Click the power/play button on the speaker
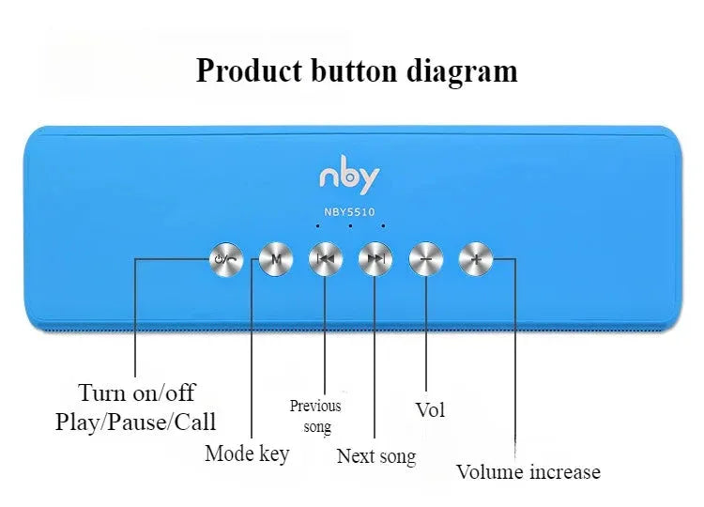coord(226,258)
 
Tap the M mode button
coord(275,258)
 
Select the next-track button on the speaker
coord(375,258)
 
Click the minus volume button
coord(426,258)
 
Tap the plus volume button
coord(476,258)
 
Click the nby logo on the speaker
coord(349,177)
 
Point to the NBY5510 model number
coord(349,211)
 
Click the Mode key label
coord(247,453)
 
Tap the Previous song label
coord(315,416)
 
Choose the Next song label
coord(375,456)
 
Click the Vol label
coord(430,409)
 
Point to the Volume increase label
coord(528,471)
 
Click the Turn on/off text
coord(137,392)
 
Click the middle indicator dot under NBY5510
coord(349,226)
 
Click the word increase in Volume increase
coord(564,471)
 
